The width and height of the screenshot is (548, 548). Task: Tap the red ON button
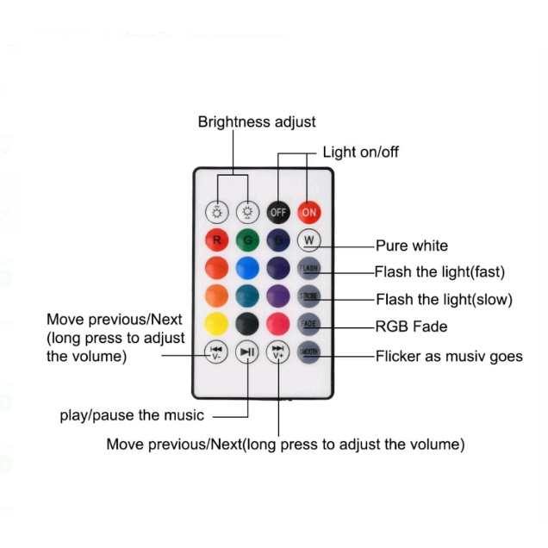pyautogui.click(x=308, y=212)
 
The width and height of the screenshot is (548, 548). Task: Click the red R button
pyautogui.click(x=216, y=240)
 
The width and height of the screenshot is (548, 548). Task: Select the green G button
pyautogui.click(x=247, y=240)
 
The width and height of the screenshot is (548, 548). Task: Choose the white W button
pyautogui.click(x=308, y=240)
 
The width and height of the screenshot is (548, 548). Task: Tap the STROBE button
pyautogui.click(x=308, y=296)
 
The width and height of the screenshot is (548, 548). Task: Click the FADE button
pyautogui.click(x=308, y=324)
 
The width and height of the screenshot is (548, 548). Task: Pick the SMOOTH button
pyautogui.click(x=308, y=352)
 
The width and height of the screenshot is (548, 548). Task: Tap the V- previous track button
pyautogui.click(x=216, y=352)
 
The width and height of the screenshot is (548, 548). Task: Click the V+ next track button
pyautogui.click(x=277, y=352)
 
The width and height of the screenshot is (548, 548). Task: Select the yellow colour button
pyautogui.click(x=216, y=324)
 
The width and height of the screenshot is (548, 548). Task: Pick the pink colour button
pyautogui.click(x=277, y=324)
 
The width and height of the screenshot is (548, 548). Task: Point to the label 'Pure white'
pyautogui.click(x=411, y=246)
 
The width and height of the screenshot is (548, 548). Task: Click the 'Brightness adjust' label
pyautogui.click(x=257, y=122)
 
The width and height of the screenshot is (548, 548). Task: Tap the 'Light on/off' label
pyautogui.click(x=360, y=153)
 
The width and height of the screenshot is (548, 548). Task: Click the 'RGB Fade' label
pyautogui.click(x=411, y=327)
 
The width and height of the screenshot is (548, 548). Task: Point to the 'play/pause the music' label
pyautogui.click(x=132, y=415)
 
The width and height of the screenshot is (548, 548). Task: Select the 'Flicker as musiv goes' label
pyautogui.click(x=448, y=356)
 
